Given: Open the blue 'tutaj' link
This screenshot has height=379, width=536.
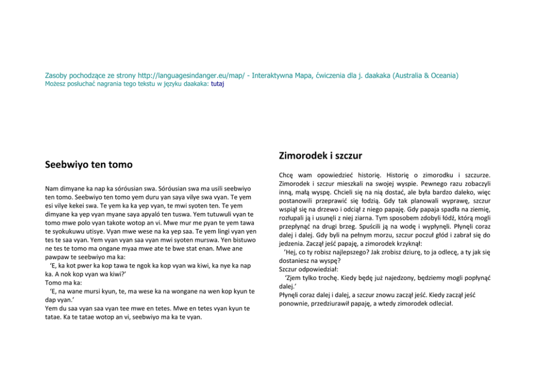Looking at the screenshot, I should (x=217, y=84).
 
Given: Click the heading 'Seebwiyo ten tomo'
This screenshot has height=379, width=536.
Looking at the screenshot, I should (x=89, y=164).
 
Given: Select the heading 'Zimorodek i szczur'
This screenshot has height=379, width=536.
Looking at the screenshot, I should (x=320, y=156).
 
